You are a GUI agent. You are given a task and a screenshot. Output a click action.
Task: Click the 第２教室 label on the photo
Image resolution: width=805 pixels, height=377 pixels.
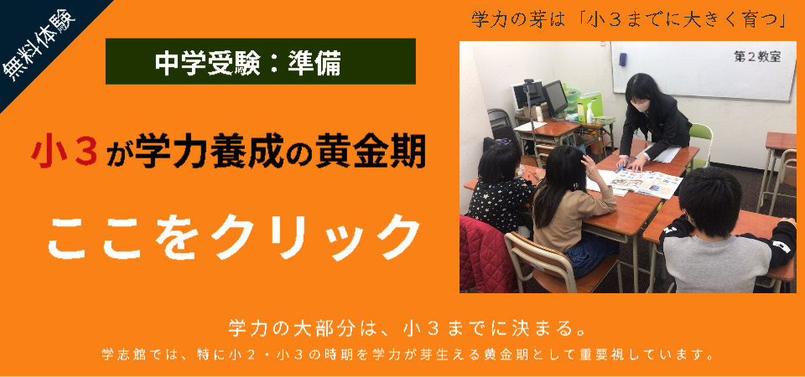(757, 57)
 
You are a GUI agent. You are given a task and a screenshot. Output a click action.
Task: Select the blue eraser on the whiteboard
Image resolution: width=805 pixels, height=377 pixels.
(623, 59)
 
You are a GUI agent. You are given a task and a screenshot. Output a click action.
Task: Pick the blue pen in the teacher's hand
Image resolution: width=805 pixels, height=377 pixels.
(621, 167)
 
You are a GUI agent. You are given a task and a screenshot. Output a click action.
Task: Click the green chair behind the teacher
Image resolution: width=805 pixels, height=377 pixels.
(700, 142)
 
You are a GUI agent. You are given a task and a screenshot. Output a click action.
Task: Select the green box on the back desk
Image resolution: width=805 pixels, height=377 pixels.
(589, 107)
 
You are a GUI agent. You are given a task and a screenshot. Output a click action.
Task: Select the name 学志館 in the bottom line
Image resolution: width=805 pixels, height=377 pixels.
(120, 354)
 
